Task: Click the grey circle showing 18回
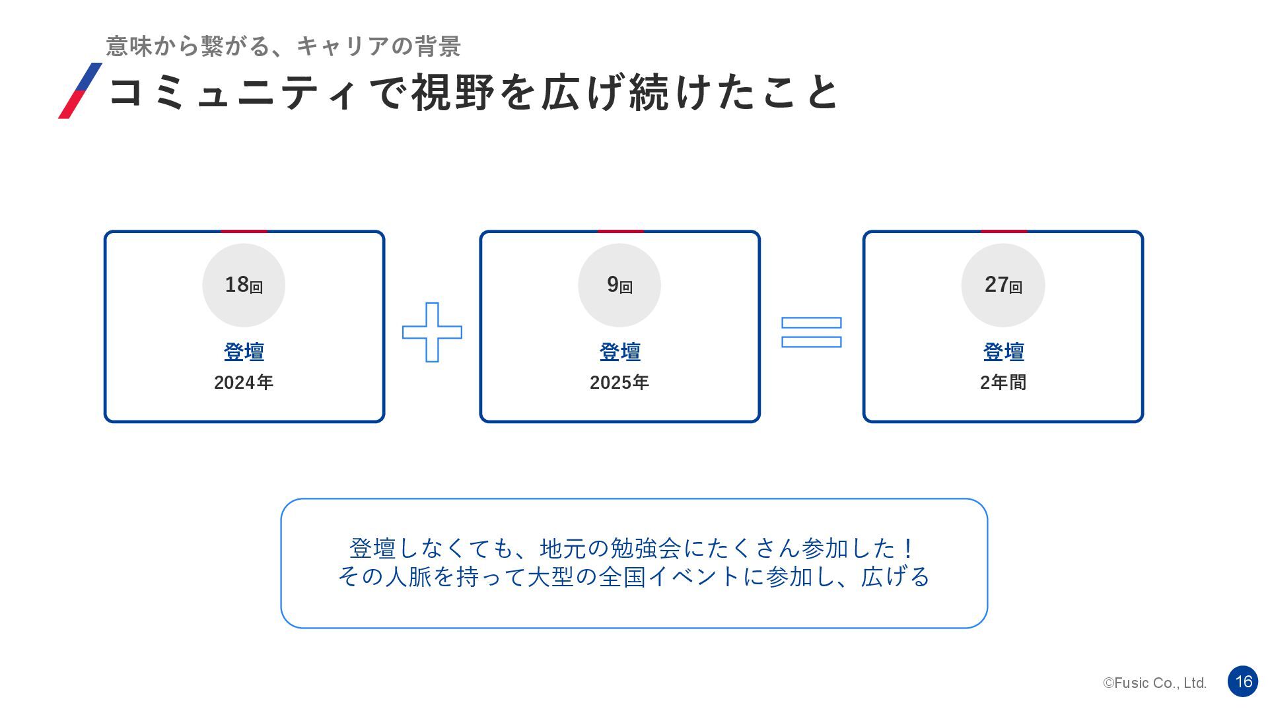pyautogui.click(x=244, y=285)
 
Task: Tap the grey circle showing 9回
pyautogui.click(x=619, y=285)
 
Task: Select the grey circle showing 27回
pyautogui.click(x=1003, y=285)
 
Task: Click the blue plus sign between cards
pyautogui.click(x=432, y=332)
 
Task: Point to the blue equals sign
pyautogui.click(x=811, y=332)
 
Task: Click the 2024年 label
pyautogui.click(x=244, y=382)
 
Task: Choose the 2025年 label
pyautogui.click(x=619, y=382)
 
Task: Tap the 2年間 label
pyautogui.click(x=1003, y=382)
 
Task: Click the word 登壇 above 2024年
pyautogui.click(x=244, y=352)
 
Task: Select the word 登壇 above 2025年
pyautogui.click(x=619, y=352)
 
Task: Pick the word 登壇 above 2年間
pyautogui.click(x=1003, y=352)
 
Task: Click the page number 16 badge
pyautogui.click(x=1243, y=681)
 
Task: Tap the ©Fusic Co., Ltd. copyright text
pyautogui.click(x=1154, y=683)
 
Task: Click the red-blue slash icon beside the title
pyautogui.click(x=81, y=90)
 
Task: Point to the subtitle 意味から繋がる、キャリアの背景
pyautogui.click(x=283, y=46)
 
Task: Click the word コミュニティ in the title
pyautogui.click(x=233, y=92)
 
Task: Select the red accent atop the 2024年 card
pyautogui.click(x=244, y=232)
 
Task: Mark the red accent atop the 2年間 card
pyautogui.click(x=1003, y=232)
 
